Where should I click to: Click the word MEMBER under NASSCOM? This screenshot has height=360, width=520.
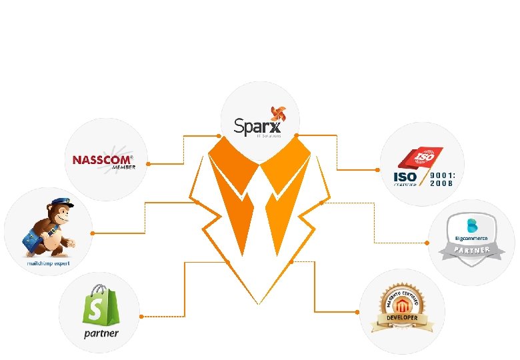(x=123, y=167)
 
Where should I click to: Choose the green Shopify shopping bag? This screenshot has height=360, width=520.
(x=100, y=305)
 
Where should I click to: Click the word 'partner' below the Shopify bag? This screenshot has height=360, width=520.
(x=101, y=333)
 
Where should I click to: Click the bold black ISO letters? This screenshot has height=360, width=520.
(x=405, y=177)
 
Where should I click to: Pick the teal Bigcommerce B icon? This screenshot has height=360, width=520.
(x=471, y=223)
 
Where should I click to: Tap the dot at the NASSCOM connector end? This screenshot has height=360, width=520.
(x=149, y=163)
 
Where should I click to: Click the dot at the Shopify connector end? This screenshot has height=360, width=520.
(x=139, y=315)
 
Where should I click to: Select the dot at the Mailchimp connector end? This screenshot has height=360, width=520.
(x=91, y=233)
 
